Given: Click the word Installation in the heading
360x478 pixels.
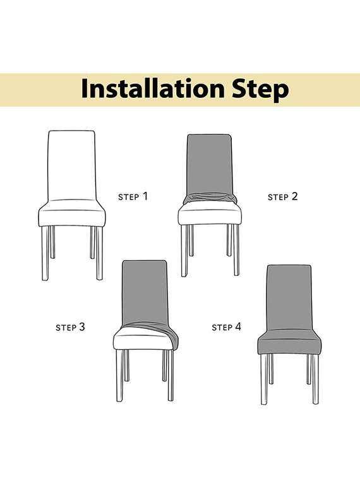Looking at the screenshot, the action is click(152, 88).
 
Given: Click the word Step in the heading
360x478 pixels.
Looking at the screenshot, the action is click(260, 90).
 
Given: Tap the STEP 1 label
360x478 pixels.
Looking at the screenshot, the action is click(133, 196).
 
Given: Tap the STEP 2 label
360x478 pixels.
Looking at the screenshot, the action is click(282, 196).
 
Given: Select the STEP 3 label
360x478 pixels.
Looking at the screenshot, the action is click(70, 328).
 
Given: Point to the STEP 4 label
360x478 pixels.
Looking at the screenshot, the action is click(227, 328).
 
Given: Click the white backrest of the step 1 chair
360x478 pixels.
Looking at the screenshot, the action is click(72, 165).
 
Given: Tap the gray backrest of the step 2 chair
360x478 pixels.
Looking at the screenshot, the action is click(210, 164).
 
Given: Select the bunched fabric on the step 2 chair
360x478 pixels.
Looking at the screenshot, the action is click(210, 198).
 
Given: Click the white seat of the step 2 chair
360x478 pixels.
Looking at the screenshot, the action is click(210, 214).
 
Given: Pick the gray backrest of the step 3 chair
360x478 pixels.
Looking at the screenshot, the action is click(145, 292).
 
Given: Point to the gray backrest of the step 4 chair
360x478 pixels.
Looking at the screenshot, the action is click(289, 298).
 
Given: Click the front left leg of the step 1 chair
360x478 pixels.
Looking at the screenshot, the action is click(45, 253).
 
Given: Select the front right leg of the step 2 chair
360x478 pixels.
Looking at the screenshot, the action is click(236, 250).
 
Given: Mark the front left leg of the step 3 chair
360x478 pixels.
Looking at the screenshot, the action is click(120, 375).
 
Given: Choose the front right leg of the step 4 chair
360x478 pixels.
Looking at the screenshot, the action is click(316, 379).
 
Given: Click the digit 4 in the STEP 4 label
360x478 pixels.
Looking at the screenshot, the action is click(237, 327).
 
